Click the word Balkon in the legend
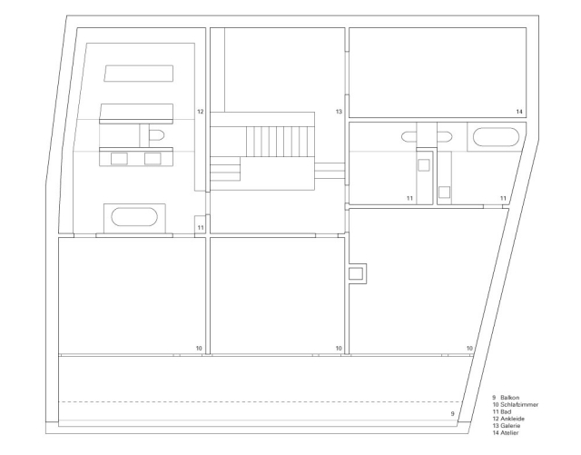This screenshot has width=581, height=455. (507, 398)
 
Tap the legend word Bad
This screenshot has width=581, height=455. (504, 410)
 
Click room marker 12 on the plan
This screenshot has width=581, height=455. (200, 112)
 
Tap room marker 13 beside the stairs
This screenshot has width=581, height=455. (338, 112)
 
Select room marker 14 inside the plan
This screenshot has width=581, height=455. (519, 112)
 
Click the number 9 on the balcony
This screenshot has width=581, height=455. (453, 413)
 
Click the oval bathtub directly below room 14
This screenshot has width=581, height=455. (495, 139)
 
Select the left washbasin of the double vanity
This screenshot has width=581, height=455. (119, 159)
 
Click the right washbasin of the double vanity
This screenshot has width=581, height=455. (153, 159)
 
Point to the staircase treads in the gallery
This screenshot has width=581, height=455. (280, 142)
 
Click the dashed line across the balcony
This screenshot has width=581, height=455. (263, 401)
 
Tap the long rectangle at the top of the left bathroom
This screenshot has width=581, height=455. (138, 73)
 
